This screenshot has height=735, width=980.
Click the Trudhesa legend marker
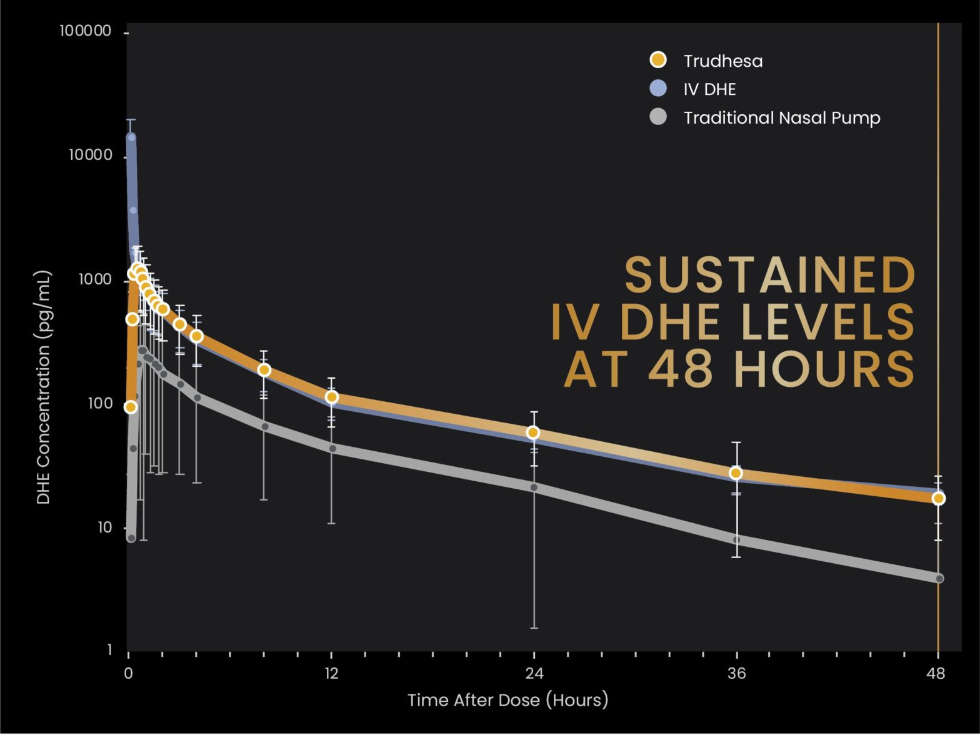click(x=657, y=60)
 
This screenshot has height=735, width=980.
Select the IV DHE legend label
click(x=709, y=89)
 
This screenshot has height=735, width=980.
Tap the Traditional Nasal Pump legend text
click(x=782, y=118)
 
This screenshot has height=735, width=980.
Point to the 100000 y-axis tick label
click(x=86, y=31)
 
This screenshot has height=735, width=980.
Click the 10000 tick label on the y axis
click(x=91, y=155)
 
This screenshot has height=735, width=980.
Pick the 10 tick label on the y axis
click(x=104, y=527)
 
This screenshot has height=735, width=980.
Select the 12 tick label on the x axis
click(x=331, y=674)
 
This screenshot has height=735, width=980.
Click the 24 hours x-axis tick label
click(x=534, y=674)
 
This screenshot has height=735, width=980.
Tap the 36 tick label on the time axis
click(x=737, y=674)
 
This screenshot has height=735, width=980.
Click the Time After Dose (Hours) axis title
click(x=507, y=700)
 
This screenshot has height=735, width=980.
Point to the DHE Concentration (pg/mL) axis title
click(x=43, y=387)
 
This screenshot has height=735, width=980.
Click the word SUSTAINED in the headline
click(x=770, y=276)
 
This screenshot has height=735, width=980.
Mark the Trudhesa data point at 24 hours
click(x=533, y=432)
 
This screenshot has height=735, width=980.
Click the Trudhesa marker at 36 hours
click(x=736, y=473)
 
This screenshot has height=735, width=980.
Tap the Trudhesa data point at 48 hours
click(x=938, y=498)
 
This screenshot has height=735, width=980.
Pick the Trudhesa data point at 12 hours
click(x=332, y=397)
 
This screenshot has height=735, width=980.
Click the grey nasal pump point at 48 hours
click(x=939, y=579)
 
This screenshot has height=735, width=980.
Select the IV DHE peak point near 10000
click(x=131, y=137)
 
